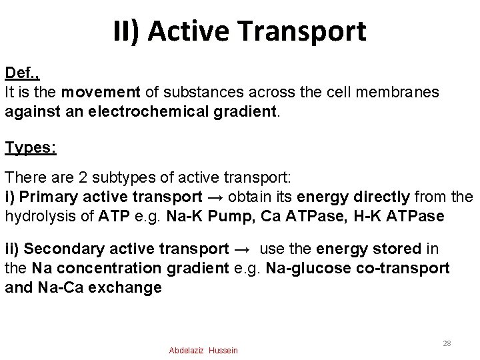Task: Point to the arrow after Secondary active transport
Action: click(243, 249)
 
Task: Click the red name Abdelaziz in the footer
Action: click(187, 350)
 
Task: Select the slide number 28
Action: click(447, 343)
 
